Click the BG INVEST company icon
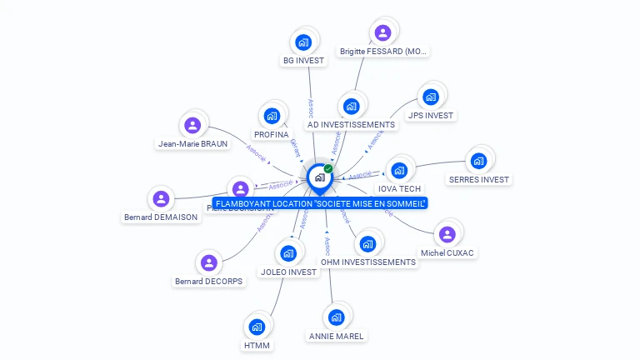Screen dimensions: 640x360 point(304,42)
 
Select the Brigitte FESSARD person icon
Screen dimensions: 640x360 point(382,32)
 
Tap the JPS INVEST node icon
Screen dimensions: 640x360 point(431,97)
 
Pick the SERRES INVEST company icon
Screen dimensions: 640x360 point(478,160)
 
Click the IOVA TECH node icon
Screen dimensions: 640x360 point(399,170)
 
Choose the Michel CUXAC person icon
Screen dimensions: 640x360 point(447,234)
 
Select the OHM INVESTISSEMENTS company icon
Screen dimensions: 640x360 point(367,243)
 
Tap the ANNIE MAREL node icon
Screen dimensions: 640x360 point(336,317)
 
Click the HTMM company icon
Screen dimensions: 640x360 point(257,327)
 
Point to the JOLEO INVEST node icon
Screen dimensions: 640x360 point(288,253)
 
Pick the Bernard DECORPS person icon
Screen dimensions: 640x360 point(209,263)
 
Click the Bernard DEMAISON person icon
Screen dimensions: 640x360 point(161,199)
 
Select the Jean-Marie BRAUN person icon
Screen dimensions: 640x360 point(192,125)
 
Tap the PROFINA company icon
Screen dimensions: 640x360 point(272,116)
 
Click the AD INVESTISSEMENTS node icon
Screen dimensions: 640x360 point(351,106)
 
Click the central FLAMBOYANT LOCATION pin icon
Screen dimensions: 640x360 point(319,177)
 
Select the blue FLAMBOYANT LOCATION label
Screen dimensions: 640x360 point(320,203)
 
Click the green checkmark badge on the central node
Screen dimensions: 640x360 point(328,168)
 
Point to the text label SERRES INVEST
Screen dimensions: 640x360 point(478,179)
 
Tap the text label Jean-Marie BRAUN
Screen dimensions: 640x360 point(192,143)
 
